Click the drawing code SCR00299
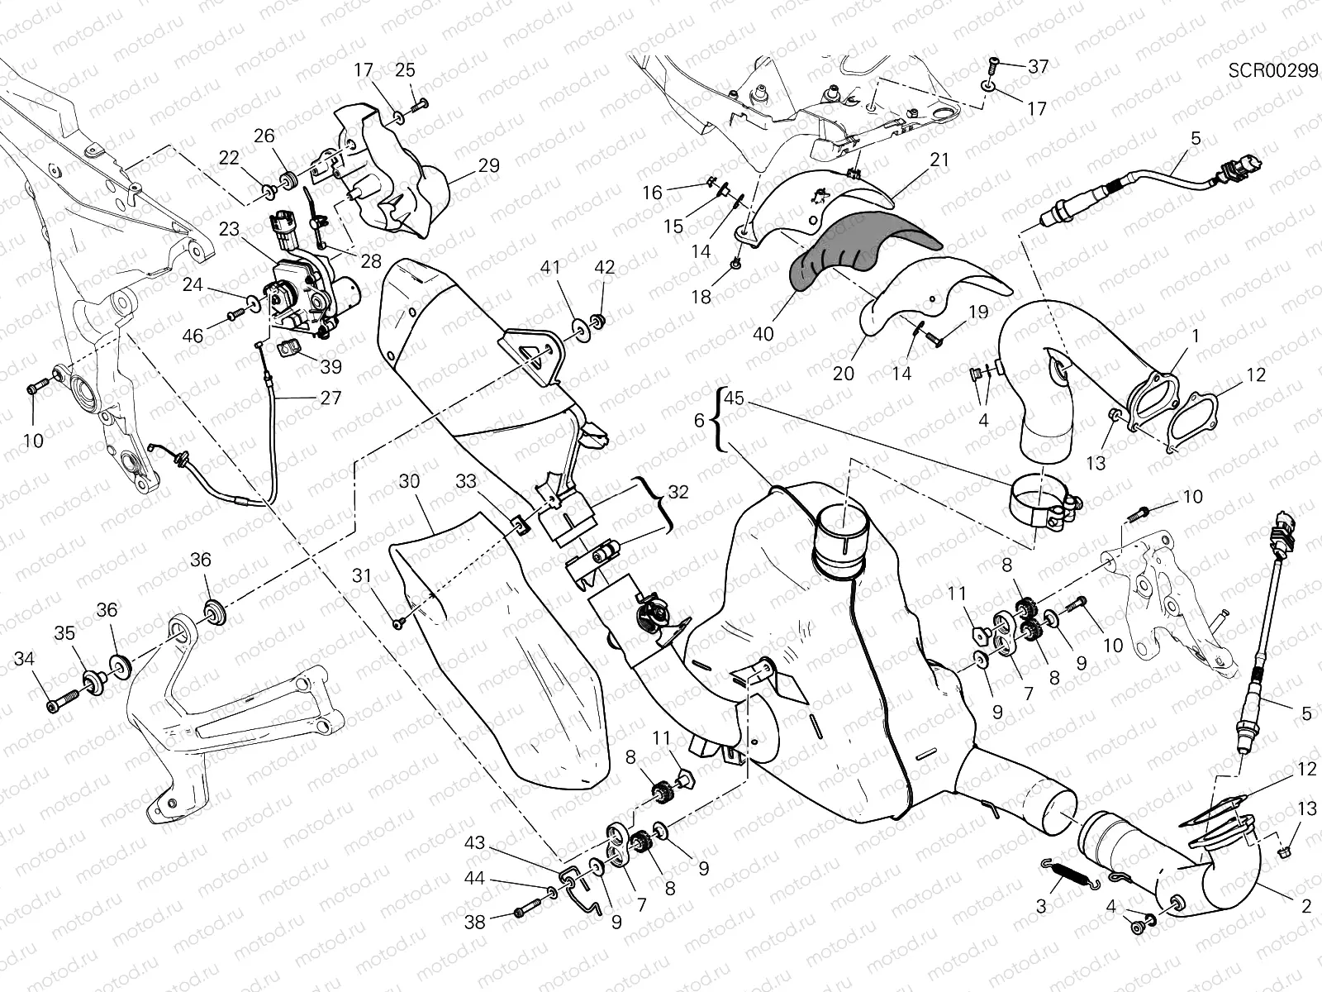pos(1272,70)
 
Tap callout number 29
pos(489,165)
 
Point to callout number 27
pos(330,398)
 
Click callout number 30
pos(408,481)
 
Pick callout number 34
pos(26,659)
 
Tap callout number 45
pos(734,399)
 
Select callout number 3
pos(1041,906)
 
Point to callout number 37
pos(1038,66)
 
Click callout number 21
pos(939,160)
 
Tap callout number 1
pos(1194,336)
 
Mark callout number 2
pos(1306,906)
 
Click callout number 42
pos(605,268)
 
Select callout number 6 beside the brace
pos(700,421)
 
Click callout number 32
pos(678,490)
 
